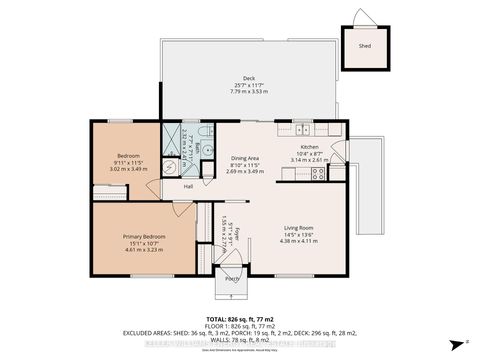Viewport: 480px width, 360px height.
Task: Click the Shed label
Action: tap(365, 46)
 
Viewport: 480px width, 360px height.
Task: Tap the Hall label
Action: tap(188, 186)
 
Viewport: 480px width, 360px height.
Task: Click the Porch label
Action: tap(232, 278)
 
